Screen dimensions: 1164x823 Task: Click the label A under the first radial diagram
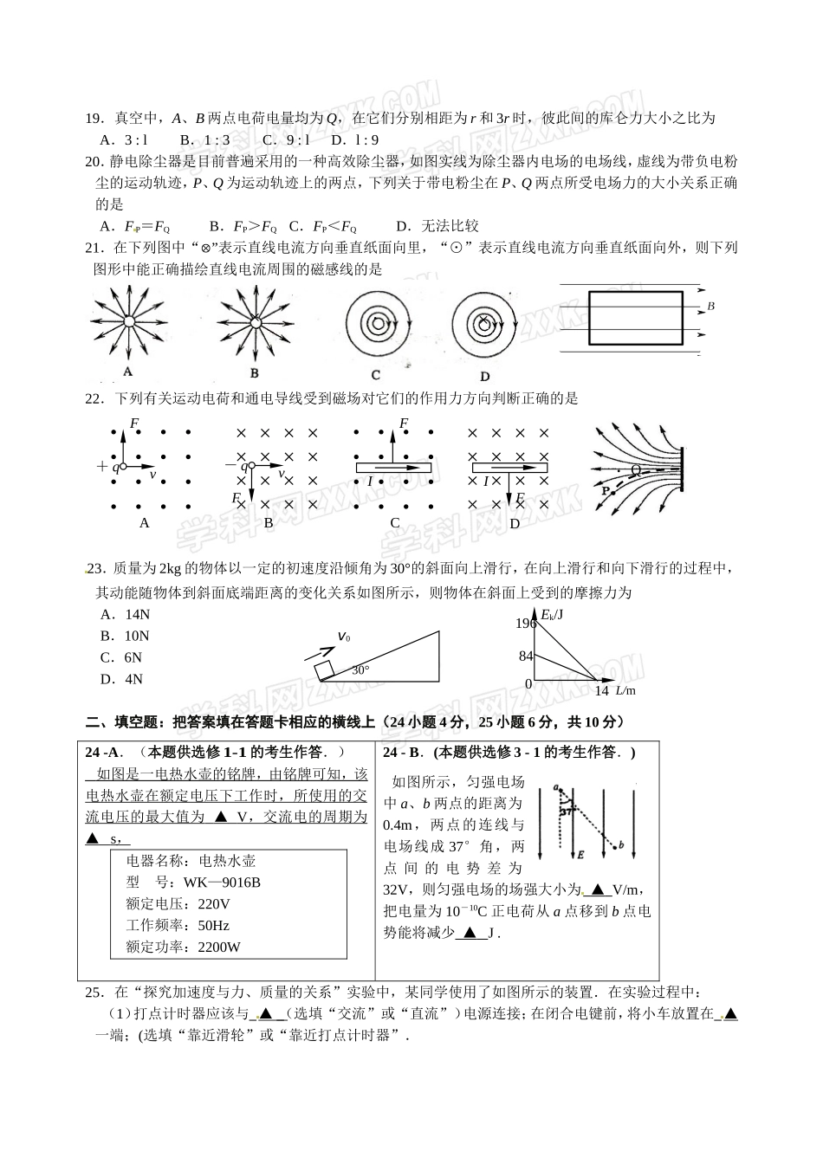(x=127, y=372)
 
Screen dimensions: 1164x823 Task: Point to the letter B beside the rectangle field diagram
(x=711, y=307)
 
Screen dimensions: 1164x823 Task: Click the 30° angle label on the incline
(x=360, y=669)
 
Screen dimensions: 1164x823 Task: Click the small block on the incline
(x=323, y=669)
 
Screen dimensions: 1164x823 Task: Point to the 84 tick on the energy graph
(x=525, y=656)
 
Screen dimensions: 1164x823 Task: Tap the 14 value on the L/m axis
(x=602, y=690)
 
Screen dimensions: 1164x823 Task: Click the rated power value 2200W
(x=219, y=947)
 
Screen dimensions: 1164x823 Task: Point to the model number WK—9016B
(x=222, y=883)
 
